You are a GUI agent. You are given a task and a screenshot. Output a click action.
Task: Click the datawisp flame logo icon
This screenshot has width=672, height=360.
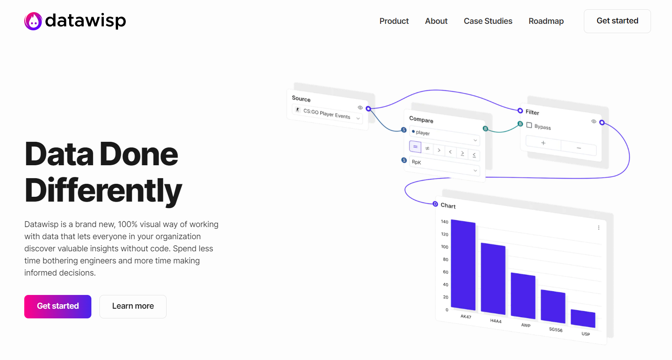33,21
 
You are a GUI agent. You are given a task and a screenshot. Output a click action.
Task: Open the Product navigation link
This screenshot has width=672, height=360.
394,21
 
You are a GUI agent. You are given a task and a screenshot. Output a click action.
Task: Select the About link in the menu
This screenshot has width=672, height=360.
436,21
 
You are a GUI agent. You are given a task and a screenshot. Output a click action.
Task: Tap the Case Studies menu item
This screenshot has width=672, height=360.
488,21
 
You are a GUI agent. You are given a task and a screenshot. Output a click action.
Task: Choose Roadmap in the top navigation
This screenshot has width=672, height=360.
546,21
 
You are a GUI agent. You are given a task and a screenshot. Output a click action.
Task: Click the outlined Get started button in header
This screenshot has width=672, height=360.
617,21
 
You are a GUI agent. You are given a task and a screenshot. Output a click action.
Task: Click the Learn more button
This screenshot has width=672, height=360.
133,306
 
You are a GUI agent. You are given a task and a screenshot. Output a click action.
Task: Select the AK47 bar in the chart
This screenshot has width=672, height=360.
463,265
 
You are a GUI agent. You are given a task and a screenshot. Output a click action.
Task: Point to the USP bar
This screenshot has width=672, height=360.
583,318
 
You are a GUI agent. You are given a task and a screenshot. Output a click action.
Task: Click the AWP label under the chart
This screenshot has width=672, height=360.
526,325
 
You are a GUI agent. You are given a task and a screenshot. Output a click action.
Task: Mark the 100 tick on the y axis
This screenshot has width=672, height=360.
445,247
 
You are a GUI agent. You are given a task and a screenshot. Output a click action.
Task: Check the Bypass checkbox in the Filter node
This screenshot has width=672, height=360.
529,125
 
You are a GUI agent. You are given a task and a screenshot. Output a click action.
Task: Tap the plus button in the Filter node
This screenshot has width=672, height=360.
543,143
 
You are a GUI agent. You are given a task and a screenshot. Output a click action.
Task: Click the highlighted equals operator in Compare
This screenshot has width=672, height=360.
415,147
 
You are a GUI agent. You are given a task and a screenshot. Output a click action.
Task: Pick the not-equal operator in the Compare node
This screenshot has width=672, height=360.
427,148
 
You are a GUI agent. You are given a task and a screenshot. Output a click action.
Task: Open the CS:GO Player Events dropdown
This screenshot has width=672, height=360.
327,114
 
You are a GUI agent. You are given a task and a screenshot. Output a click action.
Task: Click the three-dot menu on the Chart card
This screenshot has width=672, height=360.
598,228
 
